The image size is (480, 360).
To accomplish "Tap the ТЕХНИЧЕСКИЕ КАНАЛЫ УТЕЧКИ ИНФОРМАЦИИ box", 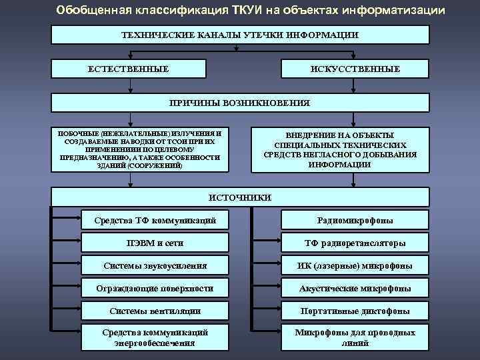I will pyautogui.click(x=240, y=35).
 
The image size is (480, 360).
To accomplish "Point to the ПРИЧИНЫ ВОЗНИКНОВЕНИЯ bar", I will pyautogui.click(x=240, y=103).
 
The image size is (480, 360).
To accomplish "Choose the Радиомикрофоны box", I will pyautogui.click(x=355, y=220).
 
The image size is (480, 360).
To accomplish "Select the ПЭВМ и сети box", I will pyautogui.click(x=155, y=243).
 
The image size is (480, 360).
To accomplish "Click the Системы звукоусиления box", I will pyautogui.click(x=155, y=265).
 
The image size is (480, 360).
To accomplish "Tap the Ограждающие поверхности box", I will pyautogui.click(x=155, y=288).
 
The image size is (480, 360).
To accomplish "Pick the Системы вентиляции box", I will pyautogui.click(x=155, y=311).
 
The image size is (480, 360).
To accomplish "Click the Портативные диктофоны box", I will pyautogui.click(x=355, y=311).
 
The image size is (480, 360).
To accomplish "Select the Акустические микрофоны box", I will pyautogui.click(x=355, y=288).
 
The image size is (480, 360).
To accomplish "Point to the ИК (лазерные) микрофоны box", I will pyautogui.click(x=355, y=265).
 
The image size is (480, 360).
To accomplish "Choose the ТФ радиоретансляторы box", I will pyautogui.click(x=355, y=243).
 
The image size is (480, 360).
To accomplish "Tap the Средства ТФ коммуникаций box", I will pyautogui.click(x=155, y=220).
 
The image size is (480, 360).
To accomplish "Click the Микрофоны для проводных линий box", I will pyautogui.click(x=355, y=337).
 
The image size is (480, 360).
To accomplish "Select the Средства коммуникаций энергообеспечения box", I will pyautogui.click(x=155, y=337).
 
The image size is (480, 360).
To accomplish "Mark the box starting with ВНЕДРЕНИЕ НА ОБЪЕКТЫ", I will pyautogui.click(x=340, y=149).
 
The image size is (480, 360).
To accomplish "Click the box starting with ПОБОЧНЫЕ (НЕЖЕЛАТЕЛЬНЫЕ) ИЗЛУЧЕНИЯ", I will pyautogui.click(x=139, y=149).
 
